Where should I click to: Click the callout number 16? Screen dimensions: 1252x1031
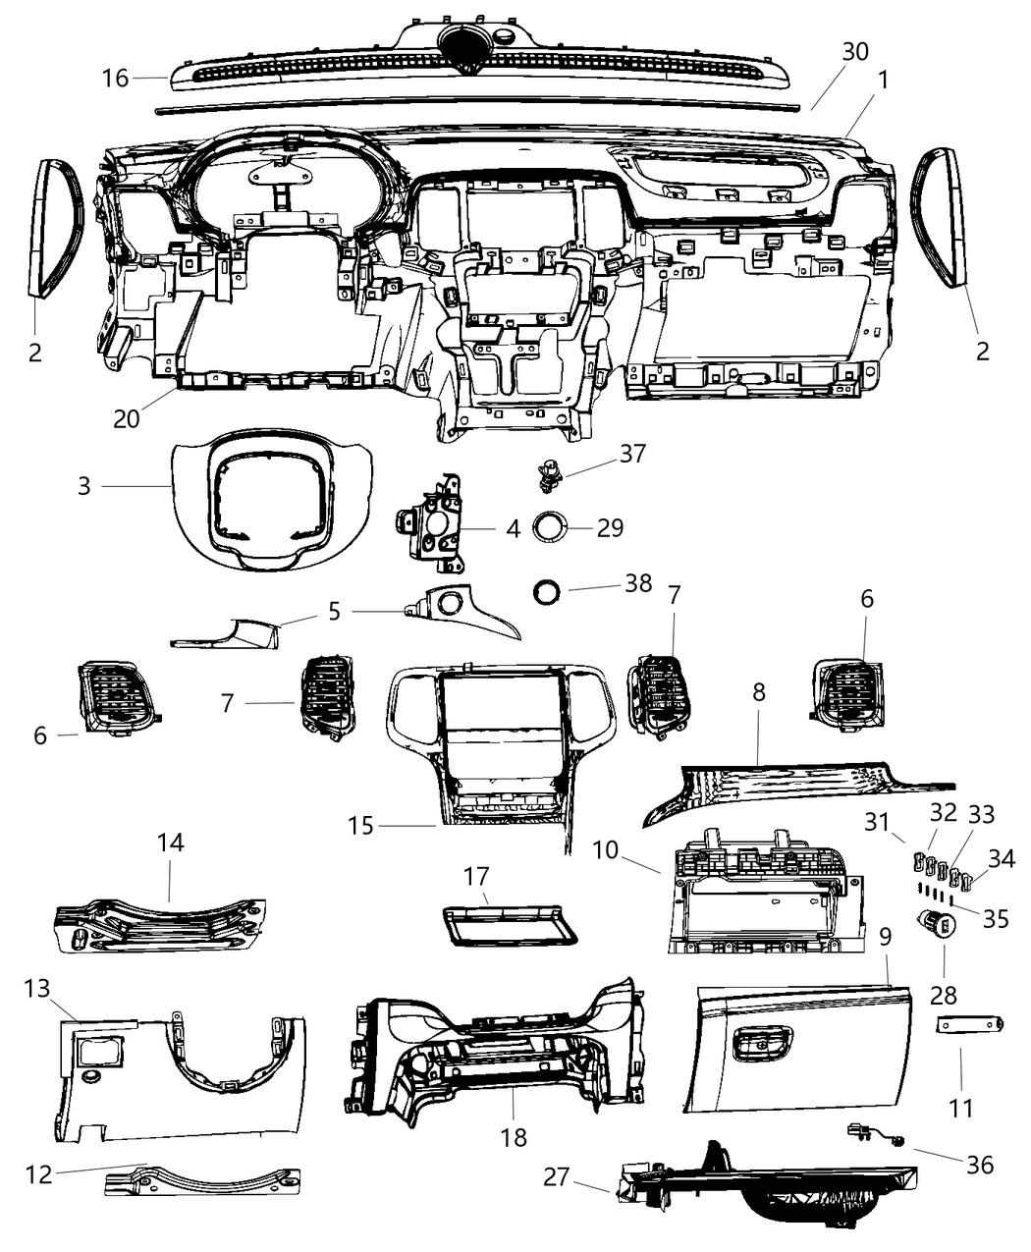(x=116, y=77)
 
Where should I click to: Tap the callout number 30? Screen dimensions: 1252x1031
(x=855, y=51)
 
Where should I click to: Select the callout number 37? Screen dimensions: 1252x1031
(x=633, y=453)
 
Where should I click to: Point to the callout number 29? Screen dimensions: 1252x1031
(x=610, y=527)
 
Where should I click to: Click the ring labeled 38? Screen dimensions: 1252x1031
(x=547, y=592)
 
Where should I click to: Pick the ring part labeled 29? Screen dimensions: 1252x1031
(x=550, y=526)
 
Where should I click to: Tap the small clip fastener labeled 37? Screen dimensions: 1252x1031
(x=547, y=475)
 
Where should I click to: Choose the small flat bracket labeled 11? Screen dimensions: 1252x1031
(x=968, y=1024)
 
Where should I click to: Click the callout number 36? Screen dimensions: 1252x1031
(x=980, y=1165)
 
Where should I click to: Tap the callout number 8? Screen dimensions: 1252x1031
(x=759, y=692)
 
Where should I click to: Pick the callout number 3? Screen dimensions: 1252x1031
(x=84, y=485)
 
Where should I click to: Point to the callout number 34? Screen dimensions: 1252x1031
(x=1002, y=858)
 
